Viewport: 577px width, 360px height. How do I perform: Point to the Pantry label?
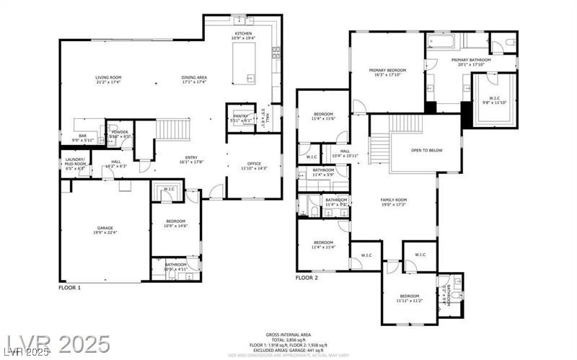(x=239, y=118)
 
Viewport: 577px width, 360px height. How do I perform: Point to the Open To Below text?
(x=426, y=150)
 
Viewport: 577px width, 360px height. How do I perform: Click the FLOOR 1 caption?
(x=69, y=287)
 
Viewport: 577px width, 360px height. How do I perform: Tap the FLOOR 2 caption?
(x=307, y=278)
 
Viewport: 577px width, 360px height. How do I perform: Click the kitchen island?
(x=244, y=63)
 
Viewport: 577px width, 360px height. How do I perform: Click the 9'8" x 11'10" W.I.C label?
(x=493, y=100)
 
